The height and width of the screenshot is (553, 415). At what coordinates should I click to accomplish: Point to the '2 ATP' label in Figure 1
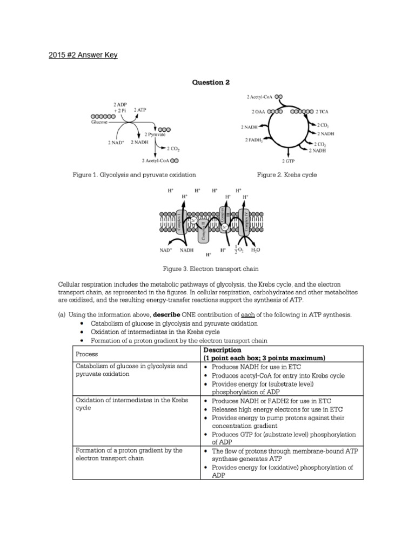tap(139, 110)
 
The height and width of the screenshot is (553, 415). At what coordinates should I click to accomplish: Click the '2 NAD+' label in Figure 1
tap(117, 143)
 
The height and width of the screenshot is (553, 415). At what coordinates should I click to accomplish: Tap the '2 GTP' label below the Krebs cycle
tap(287, 160)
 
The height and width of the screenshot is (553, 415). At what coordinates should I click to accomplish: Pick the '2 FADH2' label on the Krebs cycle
tap(252, 140)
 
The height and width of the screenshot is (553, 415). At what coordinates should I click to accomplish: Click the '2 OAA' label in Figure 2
tap(258, 112)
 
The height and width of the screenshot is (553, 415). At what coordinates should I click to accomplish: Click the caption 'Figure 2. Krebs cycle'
tap(287, 175)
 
